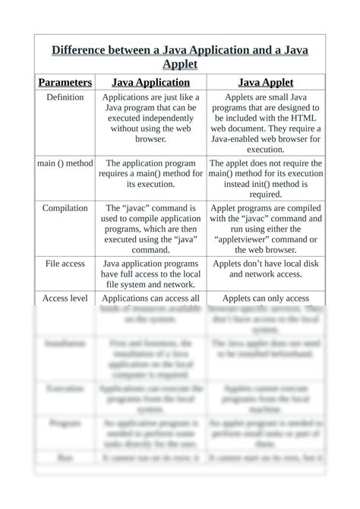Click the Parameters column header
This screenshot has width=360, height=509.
click(65, 82)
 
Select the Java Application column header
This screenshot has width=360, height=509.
click(151, 82)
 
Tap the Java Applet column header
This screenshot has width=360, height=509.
click(266, 82)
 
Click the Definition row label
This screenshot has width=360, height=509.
click(65, 98)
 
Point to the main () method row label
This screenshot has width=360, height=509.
click(65, 163)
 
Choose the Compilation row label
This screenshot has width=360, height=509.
click(65, 207)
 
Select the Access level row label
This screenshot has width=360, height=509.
click(65, 298)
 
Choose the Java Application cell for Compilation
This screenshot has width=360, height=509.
click(151, 228)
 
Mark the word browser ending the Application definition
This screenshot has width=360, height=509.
click(150, 140)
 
